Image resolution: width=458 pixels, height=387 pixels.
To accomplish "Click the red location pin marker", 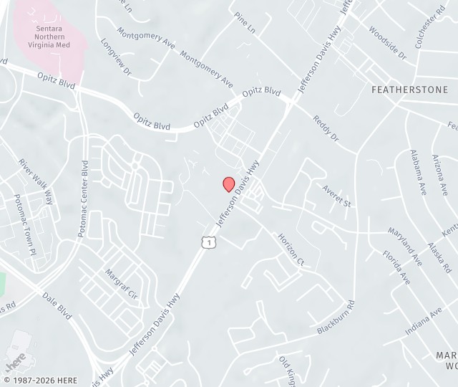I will (229, 184).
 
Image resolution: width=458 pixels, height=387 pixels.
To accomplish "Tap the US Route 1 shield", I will (208, 243).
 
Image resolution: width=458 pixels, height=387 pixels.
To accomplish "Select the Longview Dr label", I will (116, 56).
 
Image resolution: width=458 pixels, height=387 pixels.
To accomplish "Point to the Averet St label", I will (338, 195).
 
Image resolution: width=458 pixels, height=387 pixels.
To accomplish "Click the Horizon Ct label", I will (291, 250).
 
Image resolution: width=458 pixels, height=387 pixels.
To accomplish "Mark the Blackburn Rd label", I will (336, 317).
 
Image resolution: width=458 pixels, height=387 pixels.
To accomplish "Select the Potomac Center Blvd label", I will (85, 199).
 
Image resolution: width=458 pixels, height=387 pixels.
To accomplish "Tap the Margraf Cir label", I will (120, 283).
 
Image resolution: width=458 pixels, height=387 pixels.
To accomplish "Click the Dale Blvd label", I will (57, 305).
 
